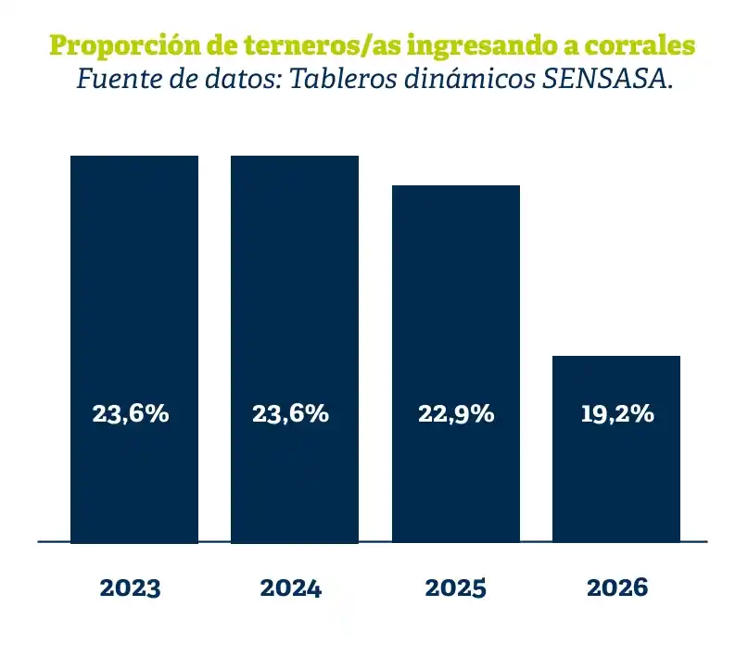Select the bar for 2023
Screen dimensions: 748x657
point(134,349)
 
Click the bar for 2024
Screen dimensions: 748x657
point(295,349)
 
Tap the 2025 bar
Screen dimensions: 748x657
point(456,364)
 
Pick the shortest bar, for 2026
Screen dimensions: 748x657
point(616,449)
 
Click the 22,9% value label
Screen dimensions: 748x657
point(456,414)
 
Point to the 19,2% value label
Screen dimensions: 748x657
point(617,414)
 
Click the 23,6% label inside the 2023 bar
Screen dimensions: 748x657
point(131,414)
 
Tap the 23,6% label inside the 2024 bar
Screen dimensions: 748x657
point(290,414)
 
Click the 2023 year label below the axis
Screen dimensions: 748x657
point(131,588)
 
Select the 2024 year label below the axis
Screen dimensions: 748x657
point(290,588)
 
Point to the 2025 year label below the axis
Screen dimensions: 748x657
point(456,588)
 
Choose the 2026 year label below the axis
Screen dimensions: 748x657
point(617,588)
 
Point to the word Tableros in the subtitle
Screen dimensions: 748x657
point(343,79)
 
